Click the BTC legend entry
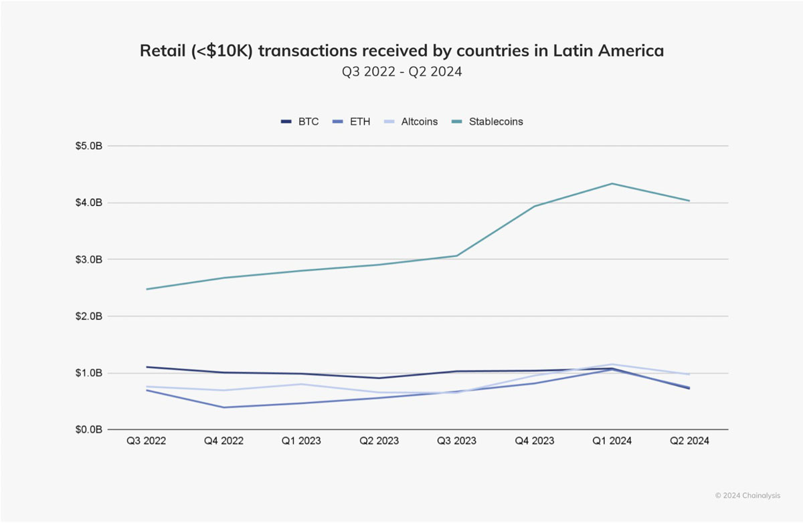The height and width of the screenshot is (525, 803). [x=300, y=122]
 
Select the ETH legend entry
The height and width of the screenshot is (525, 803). [x=351, y=122]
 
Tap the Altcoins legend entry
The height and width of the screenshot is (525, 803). [x=411, y=122]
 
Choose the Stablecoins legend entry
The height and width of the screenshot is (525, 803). [x=487, y=122]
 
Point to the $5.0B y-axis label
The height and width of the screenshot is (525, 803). [x=88, y=146]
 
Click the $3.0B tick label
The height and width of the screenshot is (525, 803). [x=88, y=259]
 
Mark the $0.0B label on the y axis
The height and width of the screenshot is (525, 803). [x=88, y=429]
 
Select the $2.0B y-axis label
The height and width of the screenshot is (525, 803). [x=88, y=316]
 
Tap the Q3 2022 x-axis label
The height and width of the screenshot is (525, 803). [x=147, y=441]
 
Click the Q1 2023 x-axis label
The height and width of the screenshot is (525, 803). [x=301, y=441]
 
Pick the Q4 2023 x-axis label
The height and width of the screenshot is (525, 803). [x=535, y=441]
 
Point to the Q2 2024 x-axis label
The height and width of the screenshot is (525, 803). [x=689, y=441]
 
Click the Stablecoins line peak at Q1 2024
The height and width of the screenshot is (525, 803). [x=612, y=184]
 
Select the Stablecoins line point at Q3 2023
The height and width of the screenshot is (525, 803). [x=456, y=255]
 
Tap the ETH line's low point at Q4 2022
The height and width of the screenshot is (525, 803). [x=224, y=407]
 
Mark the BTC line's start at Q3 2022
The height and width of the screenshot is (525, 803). [x=147, y=367]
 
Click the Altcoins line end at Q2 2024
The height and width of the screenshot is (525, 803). [x=689, y=374]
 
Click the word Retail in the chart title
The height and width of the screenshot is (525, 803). [x=163, y=51]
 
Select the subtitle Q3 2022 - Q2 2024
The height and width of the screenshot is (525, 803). [x=402, y=72]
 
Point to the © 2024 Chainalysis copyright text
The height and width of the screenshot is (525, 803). [x=748, y=496]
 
